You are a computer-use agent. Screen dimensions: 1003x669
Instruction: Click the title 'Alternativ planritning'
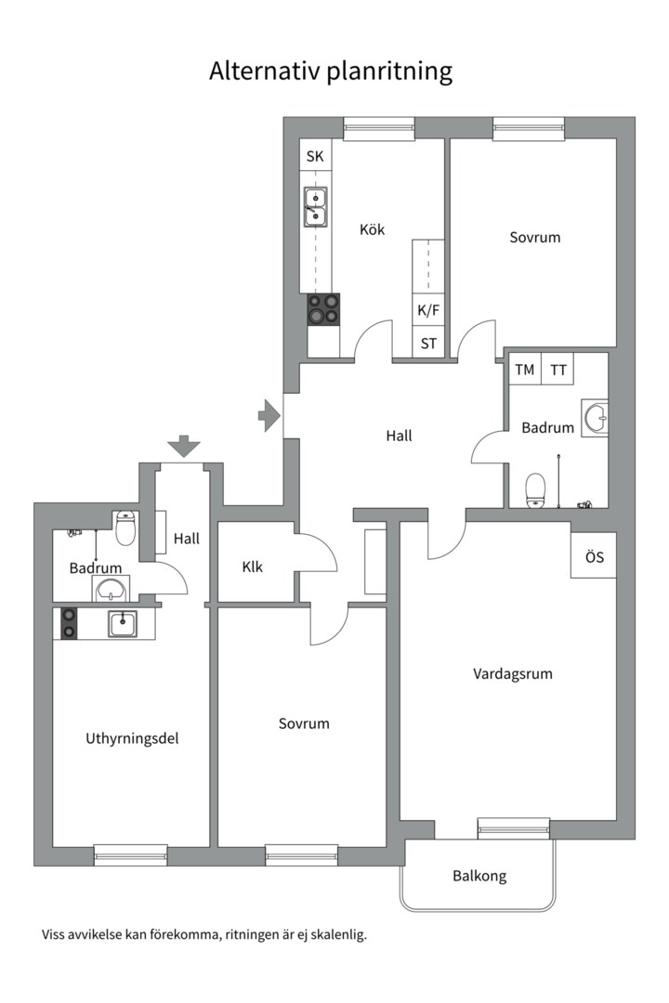331,72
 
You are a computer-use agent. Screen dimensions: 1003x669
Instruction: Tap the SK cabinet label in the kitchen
315,156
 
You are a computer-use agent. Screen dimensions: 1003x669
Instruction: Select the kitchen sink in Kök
315,207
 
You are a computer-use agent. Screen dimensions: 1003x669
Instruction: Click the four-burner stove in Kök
324,309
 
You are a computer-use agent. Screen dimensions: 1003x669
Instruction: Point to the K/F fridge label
428,310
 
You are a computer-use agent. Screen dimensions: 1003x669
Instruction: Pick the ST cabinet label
428,343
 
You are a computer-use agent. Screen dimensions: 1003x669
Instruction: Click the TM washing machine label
525,370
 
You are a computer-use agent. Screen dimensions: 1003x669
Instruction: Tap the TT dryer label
557,370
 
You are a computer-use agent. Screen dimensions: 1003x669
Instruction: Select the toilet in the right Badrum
535,489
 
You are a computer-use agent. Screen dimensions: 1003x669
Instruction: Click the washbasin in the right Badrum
595,418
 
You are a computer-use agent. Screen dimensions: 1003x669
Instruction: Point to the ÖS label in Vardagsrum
594,558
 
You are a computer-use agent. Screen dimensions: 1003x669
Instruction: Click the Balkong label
479,876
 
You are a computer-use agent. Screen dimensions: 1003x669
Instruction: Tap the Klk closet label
253,566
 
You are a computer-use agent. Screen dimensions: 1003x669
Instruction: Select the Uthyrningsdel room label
132,739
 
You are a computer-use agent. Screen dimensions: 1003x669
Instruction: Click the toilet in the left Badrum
126,528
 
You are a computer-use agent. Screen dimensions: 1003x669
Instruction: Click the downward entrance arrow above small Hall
184,446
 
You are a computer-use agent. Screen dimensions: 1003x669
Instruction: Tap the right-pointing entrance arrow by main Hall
269,415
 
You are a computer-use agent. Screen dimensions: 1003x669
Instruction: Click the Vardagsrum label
512,673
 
